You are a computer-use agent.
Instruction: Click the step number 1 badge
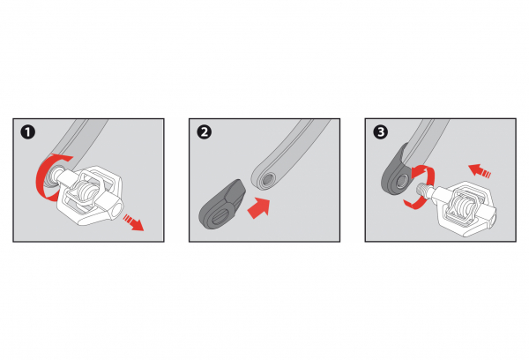tap(27, 132)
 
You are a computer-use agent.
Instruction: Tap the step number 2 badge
tap(205, 132)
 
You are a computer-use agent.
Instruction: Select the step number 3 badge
tap(381, 132)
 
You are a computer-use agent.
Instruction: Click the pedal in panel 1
tap(88, 195)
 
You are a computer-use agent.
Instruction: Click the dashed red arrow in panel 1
tap(133, 222)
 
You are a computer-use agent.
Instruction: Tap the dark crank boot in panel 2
tap(222, 205)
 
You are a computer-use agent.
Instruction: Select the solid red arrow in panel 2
tap(259, 208)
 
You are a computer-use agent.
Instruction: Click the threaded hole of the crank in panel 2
tap(267, 179)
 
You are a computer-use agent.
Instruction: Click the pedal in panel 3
tap(461, 207)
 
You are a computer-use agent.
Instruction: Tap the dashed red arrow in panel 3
tap(480, 170)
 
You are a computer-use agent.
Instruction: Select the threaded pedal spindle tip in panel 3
tap(424, 189)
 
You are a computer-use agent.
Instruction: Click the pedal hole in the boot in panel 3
tap(401, 182)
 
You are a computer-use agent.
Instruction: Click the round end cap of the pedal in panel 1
tap(115, 209)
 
